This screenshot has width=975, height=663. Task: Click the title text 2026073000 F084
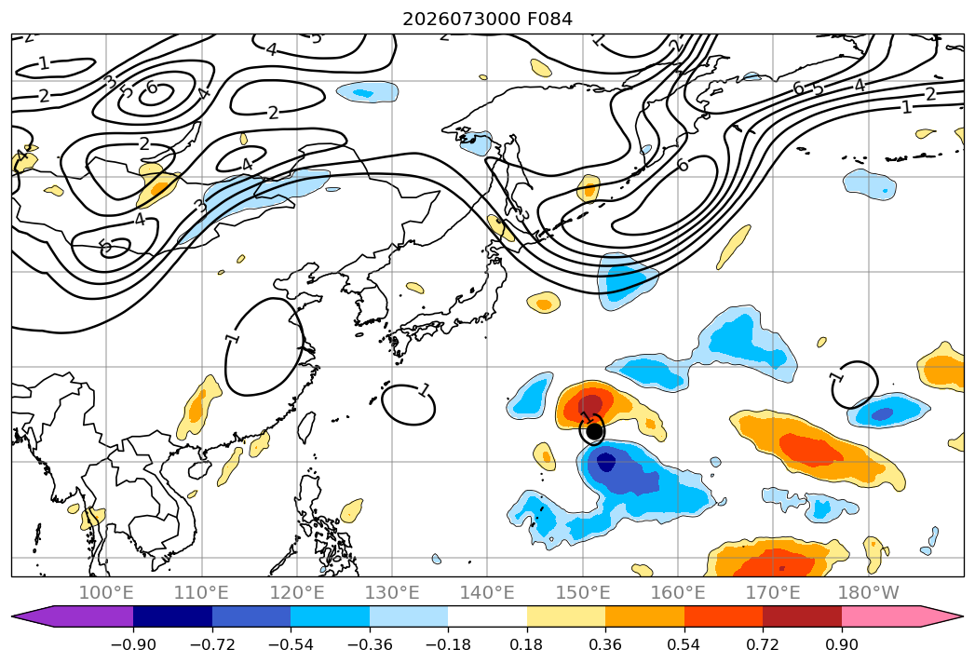pos(487,20)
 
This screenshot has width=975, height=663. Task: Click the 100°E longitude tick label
pos(106,592)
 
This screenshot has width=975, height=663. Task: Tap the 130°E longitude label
pos(392,592)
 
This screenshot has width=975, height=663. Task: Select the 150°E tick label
pos(583,592)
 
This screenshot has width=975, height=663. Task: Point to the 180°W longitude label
pos(869,592)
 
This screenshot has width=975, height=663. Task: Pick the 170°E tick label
pos(773,592)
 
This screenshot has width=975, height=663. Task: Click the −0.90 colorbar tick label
pos(133,644)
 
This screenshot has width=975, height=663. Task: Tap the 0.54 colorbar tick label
pos(684,644)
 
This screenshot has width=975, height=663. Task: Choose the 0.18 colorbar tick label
pos(527,644)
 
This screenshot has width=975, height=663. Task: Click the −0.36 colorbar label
pos(370,644)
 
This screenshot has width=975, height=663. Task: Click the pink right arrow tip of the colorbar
pos(963,616)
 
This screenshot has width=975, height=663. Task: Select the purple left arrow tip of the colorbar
pos(13,616)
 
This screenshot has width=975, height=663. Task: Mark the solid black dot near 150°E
pos(594,430)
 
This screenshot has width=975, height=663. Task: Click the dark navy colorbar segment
pos(173,616)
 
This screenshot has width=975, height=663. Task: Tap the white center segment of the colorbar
pos(488,616)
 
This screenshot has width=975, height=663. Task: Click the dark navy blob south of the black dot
pos(605,462)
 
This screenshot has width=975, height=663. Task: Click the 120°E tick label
pos(297,592)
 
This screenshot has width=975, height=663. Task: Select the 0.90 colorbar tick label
pos(841,644)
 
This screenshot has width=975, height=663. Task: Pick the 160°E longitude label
pos(678,592)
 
